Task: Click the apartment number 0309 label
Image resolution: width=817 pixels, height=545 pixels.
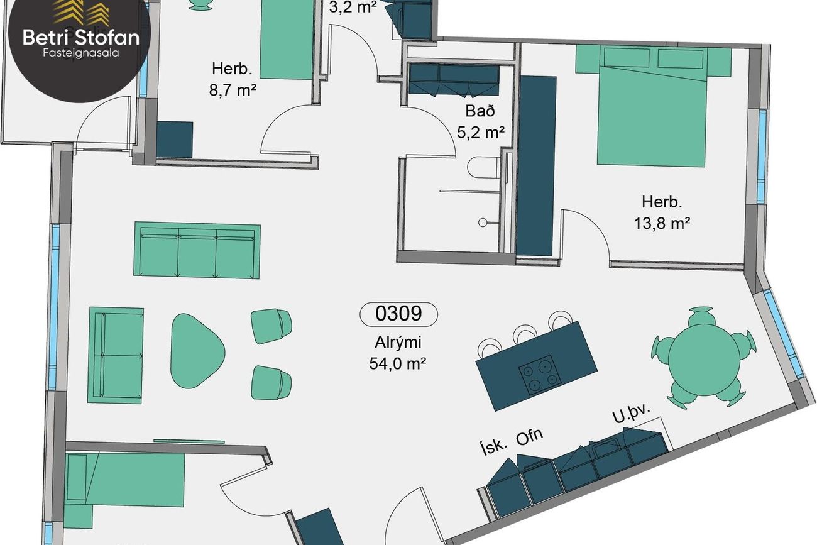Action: click(x=398, y=314)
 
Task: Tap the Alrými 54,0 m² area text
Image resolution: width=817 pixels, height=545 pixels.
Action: click(x=398, y=353)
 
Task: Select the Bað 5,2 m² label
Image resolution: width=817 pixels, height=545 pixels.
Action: click(x=480, y=122)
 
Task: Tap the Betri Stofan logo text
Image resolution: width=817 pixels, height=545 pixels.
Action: click(x=81, y=37)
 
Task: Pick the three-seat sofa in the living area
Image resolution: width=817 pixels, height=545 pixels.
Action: click(x=197, y=250)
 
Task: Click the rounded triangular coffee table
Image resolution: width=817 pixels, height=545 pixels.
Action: click(x=197, y=351)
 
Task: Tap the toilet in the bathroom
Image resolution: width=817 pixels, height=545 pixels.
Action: click(x=484, y=167)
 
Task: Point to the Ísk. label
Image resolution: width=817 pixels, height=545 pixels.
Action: click(x=494, y=447)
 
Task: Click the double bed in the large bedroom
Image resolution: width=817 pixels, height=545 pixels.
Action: click(x=654, y=106)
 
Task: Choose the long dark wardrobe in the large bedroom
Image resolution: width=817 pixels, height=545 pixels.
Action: click(x=537, y=166)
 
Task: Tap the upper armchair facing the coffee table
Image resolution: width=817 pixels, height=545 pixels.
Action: click(x=271, y=326)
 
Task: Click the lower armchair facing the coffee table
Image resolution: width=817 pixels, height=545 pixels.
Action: click(x=271, y=383)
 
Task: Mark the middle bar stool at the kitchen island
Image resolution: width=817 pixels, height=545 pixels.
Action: click(x=525, y=334)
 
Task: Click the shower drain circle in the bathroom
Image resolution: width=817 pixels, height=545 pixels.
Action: click(x=483, y=222)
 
